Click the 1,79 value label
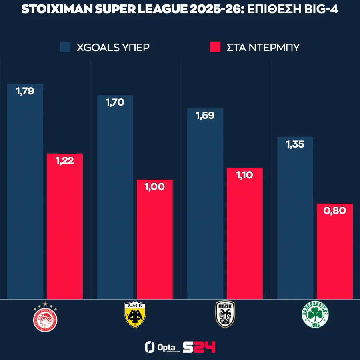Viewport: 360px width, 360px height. pyautogui.click(x=25, y=91)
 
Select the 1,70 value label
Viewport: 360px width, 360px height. pyautogui.click(x=115, y=102)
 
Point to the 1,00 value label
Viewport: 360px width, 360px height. pyautogui.click(x=155, y=186)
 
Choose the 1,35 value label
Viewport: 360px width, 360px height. pyautogui.click(x=295, y=144)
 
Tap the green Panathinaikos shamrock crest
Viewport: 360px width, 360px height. pyautogui.click(x=315, y=316)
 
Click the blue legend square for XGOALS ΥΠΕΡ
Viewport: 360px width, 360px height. pyautogui.click(x=65, y=47)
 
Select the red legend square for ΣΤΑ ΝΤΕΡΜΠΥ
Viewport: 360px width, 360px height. pyautogui.click(x=215, y=47)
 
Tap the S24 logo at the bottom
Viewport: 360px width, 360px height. pyautogui.click(x=199, y=347)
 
